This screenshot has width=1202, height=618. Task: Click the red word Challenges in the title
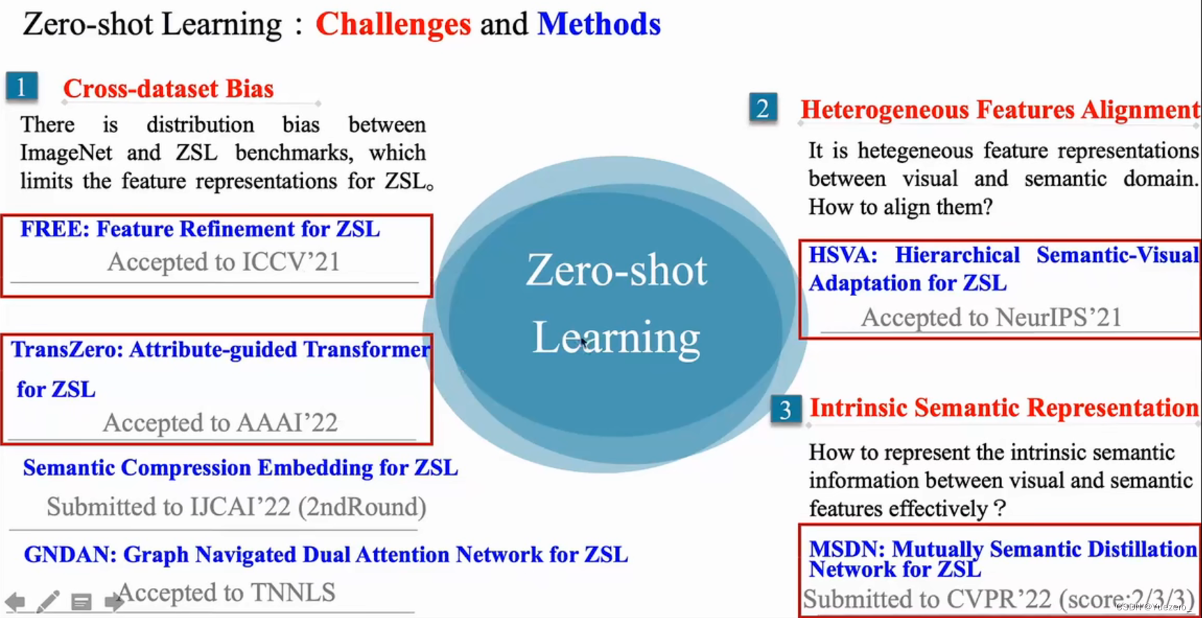pyautogui.click(x=393, y=25)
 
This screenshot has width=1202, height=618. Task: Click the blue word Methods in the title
pyautogui.click(x=598, y=25)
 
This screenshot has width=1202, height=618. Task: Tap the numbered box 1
pyautogui.click(x=22, y=87)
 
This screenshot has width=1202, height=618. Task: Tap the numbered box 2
pyautogui.click(x=763, y=108)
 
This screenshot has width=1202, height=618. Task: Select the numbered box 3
pyautogui.click(x=785, y=409)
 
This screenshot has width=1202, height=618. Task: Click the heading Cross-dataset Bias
pyautogui.click(x=168, y=89)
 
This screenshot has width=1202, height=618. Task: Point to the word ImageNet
pyautogui.click(x=65, y=153)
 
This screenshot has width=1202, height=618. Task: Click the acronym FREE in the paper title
pyautogui.click(x=54, y=229)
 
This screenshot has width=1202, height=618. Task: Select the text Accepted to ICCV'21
pyautogui.click(x=223, y=262)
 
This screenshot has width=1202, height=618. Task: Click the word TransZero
pyautogui.click(x=66, y=350)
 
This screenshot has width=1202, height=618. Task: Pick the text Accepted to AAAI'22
pyautogui.click(x=220, y=422)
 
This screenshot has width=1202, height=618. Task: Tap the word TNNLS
pyautogui.click(x=292, y=592)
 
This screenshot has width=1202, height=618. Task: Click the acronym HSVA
pyautogui.click(x=841, y=255)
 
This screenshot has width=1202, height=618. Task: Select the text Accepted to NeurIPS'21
pyautogui.click(x=991, y=318)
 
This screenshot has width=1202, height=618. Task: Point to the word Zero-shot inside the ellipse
pyautogui.click(x=616, y=270)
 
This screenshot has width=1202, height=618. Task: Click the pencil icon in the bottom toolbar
pyautogui.click(x=47, y=601)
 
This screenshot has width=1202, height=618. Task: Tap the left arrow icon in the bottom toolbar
pyautogui.click(x=15, y=601)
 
